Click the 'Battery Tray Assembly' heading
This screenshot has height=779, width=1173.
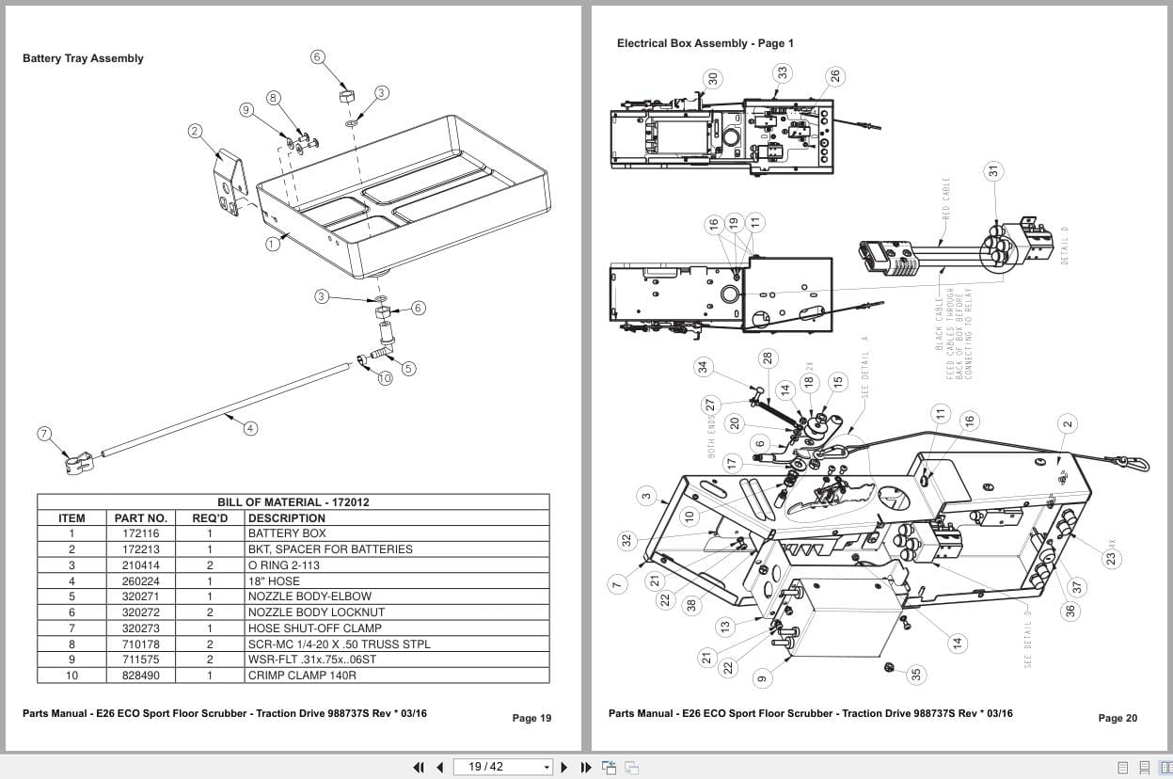(83, 58)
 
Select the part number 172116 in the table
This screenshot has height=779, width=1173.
(141, 533)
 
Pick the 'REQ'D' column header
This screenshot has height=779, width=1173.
(210, 518)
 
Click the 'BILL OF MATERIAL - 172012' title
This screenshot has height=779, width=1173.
(293, 502)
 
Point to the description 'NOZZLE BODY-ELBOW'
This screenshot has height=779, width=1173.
(309, 596)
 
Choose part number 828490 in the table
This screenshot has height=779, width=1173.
(141, 676)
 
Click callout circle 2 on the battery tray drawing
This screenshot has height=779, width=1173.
(195, 131)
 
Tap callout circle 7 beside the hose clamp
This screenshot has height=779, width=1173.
(44, 434)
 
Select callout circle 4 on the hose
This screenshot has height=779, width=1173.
(250, 428)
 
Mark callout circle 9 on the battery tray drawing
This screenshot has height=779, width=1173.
(246, 110)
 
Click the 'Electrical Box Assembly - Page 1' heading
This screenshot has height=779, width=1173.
(705, 43)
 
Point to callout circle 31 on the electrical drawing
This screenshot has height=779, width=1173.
(993, 170)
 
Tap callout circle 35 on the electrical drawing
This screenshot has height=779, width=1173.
(917, 674)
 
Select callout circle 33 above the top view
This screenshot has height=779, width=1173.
(783, 72)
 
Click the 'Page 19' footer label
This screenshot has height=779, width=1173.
(531, 719)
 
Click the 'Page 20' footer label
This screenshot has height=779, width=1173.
(1118, 719)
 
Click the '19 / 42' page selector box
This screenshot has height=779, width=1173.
(503, 767)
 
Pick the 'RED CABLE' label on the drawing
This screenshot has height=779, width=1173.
(946, 199)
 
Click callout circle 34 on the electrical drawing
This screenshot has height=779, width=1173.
(702, 366)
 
